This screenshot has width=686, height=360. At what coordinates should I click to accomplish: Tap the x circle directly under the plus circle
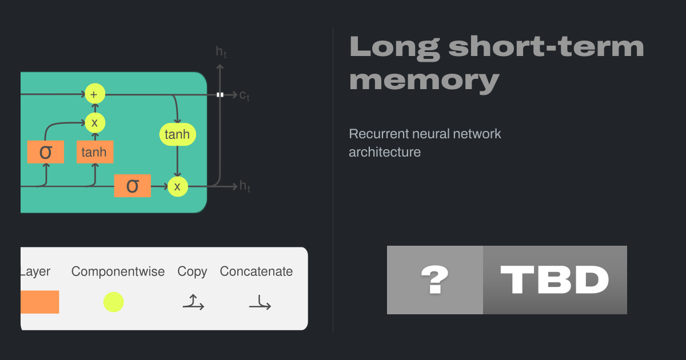coord(95,122)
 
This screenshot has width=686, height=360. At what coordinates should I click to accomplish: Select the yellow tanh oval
coord(177,135)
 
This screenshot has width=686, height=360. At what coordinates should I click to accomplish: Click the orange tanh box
coord(95,153)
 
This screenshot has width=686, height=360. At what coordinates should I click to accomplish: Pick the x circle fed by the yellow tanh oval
coord(177,186)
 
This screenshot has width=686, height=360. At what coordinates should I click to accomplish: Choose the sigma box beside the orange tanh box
coord(45,152)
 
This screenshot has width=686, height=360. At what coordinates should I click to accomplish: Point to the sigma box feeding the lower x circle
coord(132,186)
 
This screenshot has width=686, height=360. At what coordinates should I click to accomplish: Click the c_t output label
coord(244,96)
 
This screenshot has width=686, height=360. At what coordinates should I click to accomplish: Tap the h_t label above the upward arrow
coord(221,52)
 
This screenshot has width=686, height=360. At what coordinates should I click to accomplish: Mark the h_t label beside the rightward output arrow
coord(245,186)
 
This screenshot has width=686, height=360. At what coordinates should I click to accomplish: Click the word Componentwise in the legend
coord(118,272)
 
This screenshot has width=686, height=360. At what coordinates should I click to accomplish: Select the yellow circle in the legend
coord(113,302)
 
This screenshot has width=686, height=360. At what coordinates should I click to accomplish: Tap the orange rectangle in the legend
coord(40,302)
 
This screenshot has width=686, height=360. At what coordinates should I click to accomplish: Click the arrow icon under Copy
coord(193,302)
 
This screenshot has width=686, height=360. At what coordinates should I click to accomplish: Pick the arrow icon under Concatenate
coord(260,303)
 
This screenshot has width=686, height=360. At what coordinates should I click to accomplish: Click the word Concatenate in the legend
coord(256,272)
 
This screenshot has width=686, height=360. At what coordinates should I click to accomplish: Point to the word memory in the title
coord(424,79)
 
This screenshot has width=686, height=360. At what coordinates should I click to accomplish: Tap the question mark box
coord(435,280)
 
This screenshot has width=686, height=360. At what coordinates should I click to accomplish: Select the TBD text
coord(555,280)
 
